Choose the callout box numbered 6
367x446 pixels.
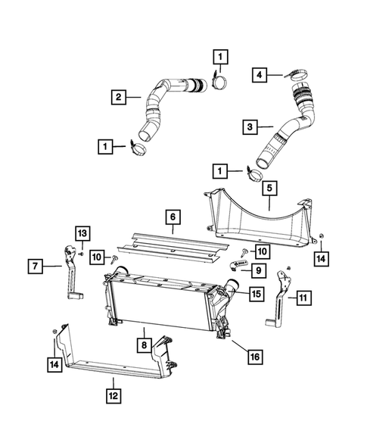click(x=173, y=217)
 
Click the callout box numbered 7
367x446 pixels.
click(x=35, y=266)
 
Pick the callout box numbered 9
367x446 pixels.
click(x=259, y=270)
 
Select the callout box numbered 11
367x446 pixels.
click(x=303, y=298)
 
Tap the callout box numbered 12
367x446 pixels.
click(x=114, y=394)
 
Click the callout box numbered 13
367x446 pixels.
click(x=82, y=232)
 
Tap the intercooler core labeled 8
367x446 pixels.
click(x=159, y=307)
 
